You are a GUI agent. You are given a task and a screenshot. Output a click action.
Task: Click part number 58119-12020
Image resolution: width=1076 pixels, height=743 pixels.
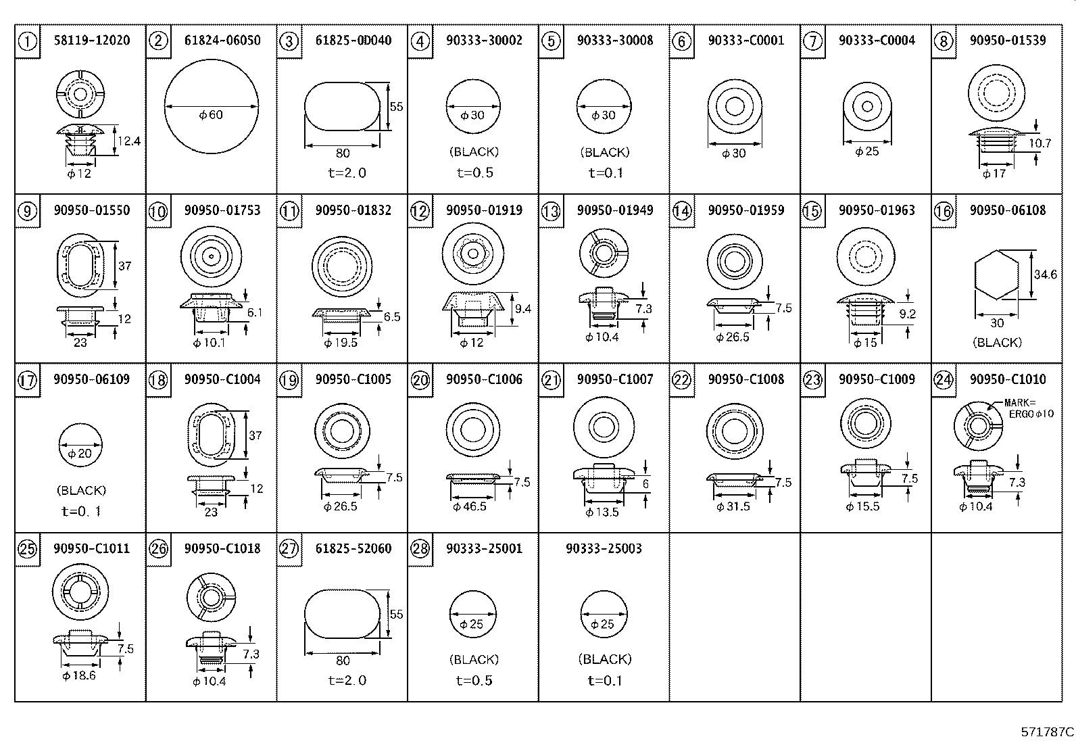pos(91,41)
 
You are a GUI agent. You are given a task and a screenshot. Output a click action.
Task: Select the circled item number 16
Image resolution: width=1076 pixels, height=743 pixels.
pos(943,212)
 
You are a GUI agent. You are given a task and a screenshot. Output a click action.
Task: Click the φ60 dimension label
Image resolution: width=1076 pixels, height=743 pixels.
pos(211,115)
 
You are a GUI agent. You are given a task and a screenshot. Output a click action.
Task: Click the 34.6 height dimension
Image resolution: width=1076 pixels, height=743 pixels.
pos(1045,275)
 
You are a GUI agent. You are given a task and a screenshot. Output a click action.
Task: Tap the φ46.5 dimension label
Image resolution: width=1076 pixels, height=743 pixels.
pos(470,506)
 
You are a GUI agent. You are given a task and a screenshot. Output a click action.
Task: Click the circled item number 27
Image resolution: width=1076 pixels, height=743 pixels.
pos(289,549)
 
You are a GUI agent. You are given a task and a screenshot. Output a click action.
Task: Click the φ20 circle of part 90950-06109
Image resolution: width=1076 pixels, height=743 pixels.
pos(80,446)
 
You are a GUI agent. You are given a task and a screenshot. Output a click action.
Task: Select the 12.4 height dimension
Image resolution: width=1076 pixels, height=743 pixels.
pos(128,141)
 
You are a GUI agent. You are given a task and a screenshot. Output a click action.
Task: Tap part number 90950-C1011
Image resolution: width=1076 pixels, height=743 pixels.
pos(91,548)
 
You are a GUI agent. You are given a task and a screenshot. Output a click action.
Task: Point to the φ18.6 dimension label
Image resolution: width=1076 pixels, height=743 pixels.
pos(79,675)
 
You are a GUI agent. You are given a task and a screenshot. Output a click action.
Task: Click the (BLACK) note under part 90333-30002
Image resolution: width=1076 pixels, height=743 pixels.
pos(474,152)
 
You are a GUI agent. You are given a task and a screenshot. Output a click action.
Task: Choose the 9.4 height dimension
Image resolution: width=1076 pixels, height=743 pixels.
pos(522,309)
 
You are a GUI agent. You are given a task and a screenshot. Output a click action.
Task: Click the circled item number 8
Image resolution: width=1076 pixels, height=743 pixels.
pos(943,42)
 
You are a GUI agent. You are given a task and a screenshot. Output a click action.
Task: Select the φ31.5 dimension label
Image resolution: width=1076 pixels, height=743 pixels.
pos(733,506)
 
